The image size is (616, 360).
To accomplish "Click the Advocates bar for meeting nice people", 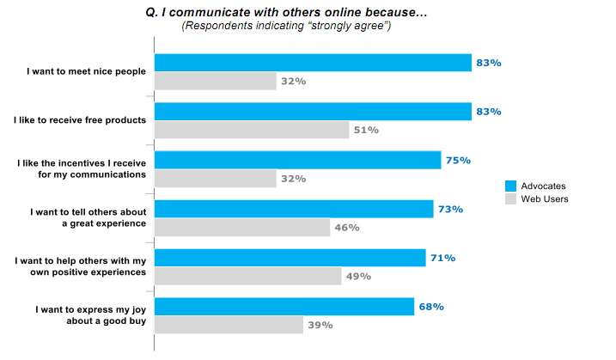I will tap(313, 63).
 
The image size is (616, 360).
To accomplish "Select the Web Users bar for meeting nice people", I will tap(215, 82).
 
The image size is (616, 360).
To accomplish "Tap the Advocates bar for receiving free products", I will tap(313, 112).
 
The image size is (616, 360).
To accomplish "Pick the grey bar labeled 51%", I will tap(252, 131).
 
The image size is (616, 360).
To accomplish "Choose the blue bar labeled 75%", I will tap(297, 161).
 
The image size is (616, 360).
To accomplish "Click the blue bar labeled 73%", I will tap(294, 209).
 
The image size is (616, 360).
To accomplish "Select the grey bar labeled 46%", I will tap(242, 228).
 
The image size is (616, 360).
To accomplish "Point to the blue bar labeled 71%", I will tap(290, 258).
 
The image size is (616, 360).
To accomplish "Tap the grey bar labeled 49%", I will tap(247, 277).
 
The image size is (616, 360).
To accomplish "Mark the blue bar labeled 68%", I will tap(284, 307).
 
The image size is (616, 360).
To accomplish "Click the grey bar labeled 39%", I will tap(229, 326).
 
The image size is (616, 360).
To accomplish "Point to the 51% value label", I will tap(366, 131).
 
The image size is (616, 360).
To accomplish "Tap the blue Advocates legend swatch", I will tap(510, 186).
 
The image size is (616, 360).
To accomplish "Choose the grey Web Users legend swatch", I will tap(510, 199).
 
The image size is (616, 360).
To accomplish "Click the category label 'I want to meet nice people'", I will tap(87, 71).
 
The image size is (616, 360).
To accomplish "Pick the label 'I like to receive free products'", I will tap(80, 120).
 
